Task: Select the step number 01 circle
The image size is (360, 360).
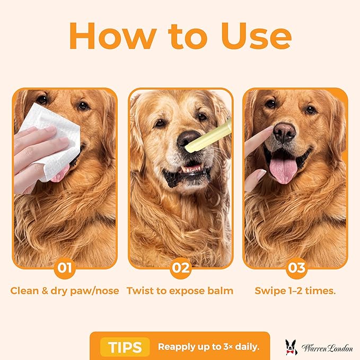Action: [65, 268]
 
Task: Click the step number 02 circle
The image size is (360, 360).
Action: [180, 268]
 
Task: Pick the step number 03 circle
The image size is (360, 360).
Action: [296, 268]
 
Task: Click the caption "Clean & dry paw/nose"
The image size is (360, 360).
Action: [65, 291]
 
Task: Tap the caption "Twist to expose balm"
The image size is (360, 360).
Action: [180, 291]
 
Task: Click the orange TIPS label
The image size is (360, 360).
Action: [125, 347]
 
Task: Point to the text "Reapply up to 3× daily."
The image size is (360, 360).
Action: [208, 347]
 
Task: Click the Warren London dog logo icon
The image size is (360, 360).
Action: [291, 347]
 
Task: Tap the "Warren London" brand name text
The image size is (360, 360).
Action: [327, 348]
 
